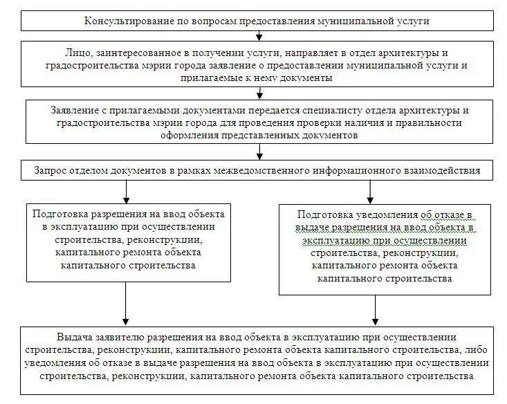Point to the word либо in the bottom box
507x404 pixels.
pos(477,351)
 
